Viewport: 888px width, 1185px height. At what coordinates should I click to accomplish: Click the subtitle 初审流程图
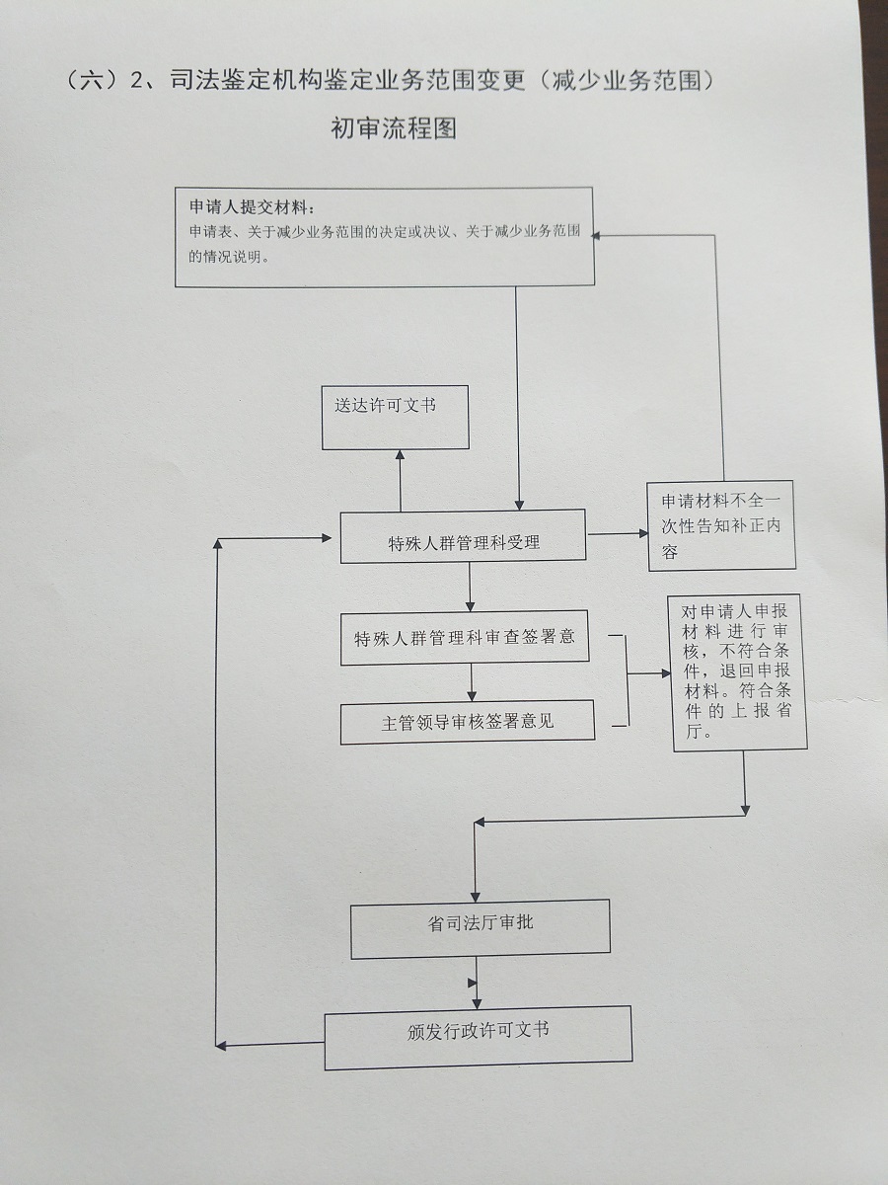click(394, 129)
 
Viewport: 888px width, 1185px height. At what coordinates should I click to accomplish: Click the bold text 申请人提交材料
click(253, 208)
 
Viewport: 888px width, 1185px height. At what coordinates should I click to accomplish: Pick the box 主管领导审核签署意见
click(468, 722)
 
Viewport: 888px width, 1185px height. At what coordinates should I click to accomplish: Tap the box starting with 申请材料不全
click(721, 526)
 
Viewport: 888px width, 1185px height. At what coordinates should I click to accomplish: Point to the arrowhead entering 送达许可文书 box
click(400, 455)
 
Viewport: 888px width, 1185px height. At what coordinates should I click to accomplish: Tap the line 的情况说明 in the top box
click(228, 255)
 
